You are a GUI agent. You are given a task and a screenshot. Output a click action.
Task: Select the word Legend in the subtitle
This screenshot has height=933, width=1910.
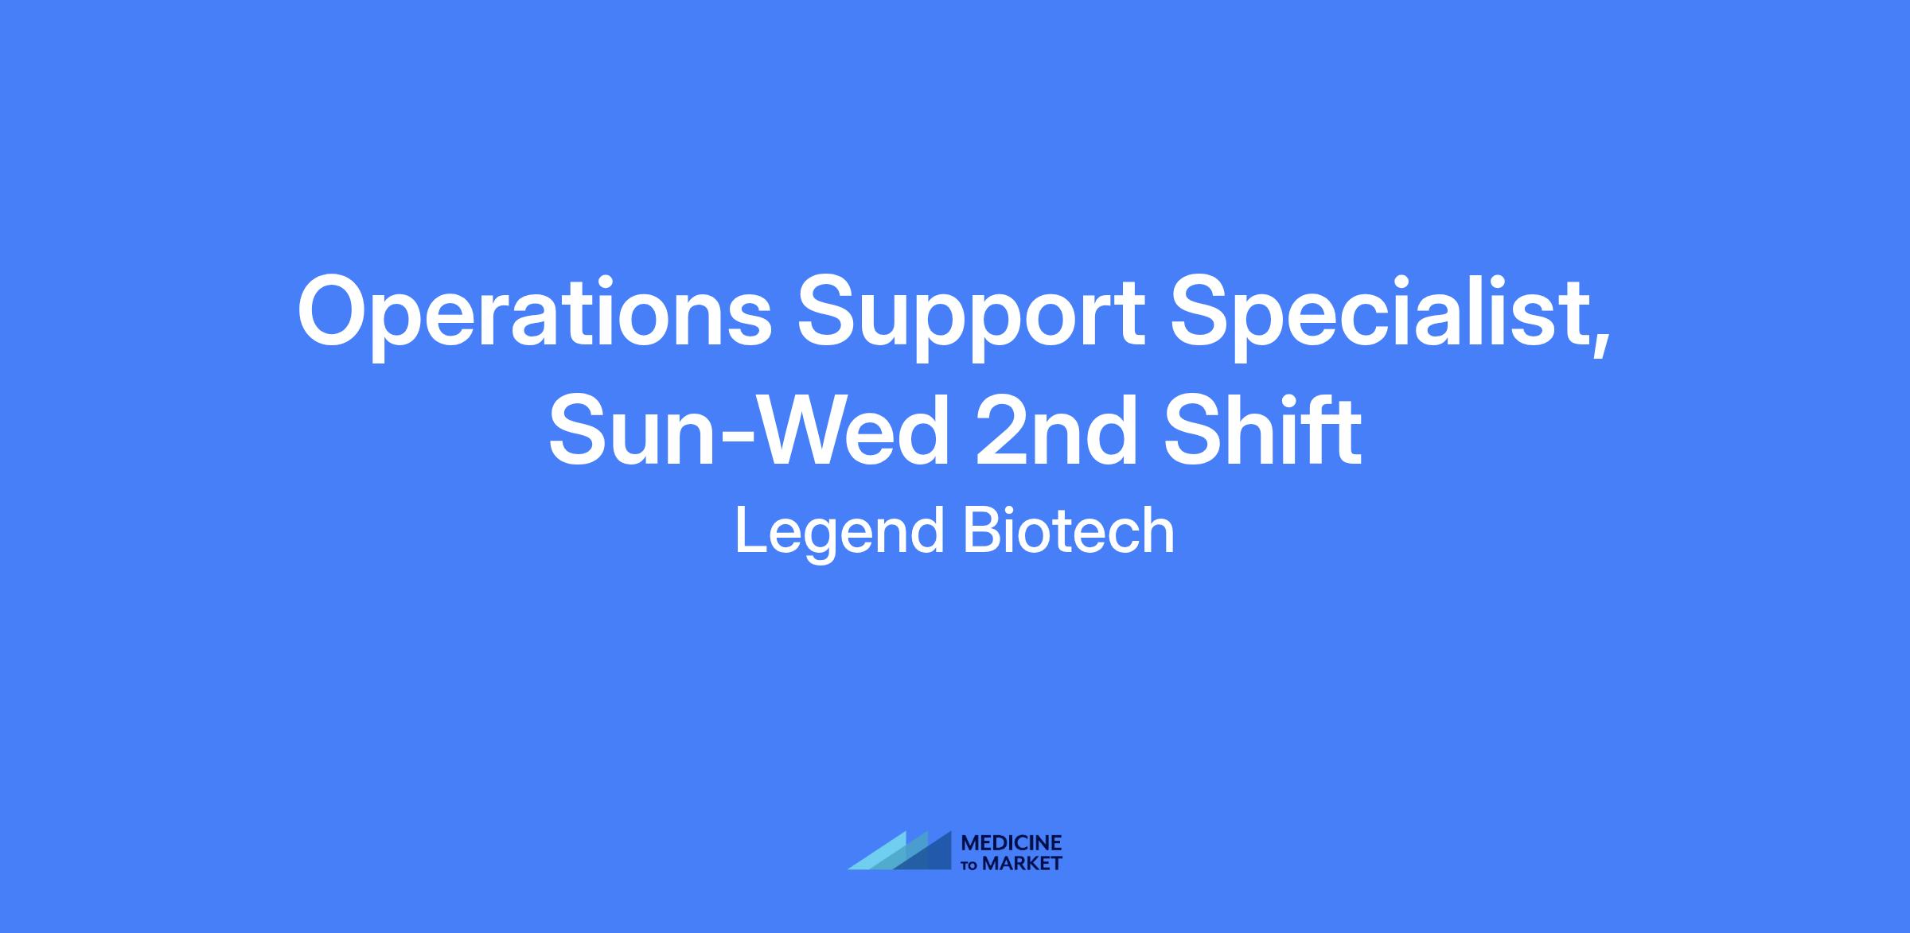point(840,534)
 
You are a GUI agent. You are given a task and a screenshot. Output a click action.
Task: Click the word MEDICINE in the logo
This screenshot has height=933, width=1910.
point(1012,842)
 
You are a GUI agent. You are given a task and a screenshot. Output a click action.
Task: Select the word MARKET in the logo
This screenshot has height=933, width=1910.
point(1023,863)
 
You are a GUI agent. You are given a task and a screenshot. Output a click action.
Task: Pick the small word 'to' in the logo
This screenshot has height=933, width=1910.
point(970,865)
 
